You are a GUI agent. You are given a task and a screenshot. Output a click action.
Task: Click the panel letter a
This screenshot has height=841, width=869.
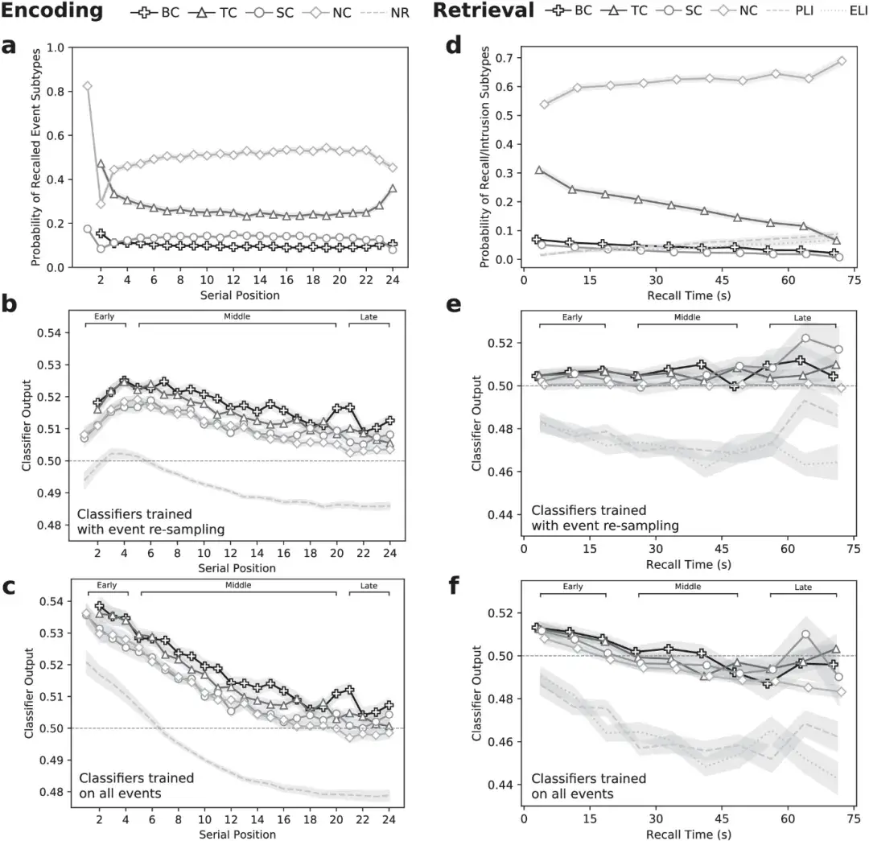click(9, 46)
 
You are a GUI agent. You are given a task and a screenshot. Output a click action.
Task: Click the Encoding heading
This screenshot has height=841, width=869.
click(51, 11)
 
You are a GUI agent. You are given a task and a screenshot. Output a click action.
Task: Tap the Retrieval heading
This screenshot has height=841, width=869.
click(484, 11)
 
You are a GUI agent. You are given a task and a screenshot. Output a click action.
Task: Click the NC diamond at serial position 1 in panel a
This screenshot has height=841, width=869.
click(87, 86)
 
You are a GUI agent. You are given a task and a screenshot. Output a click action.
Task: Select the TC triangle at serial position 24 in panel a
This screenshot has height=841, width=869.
click(392, 188)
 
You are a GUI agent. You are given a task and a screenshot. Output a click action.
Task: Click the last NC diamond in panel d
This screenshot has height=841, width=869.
click(842, 60)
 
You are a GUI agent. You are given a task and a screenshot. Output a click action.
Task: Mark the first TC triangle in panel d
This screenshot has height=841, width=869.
click(539, 170)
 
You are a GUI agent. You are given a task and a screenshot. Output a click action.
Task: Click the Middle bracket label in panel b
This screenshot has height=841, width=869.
click(237, 316)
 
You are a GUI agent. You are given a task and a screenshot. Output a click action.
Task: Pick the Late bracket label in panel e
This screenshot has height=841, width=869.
click(803, 317)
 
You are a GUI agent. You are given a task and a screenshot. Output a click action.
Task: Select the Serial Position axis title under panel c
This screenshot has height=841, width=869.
click(237, 834)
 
